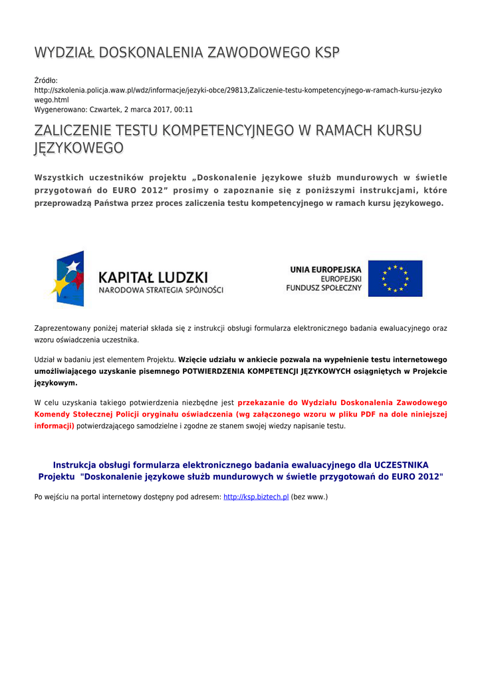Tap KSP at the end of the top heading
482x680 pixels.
[x=325, y=52]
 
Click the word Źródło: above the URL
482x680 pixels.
[x=46, y=80]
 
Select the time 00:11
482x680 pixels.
[x=183, y=109]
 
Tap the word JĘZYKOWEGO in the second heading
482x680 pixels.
[x=78, y=147]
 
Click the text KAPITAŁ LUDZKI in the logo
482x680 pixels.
[x=153, y=276]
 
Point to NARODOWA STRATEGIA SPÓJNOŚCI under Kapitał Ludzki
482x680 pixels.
[x=161, y=290]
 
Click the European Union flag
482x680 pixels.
[x=395, y=278]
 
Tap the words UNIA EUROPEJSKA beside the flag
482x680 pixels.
[x=326, y=270]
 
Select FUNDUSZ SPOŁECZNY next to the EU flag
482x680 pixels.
[x=324, y=288]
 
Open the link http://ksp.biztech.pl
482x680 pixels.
[x=256, y=497]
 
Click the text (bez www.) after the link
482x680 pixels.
[x=310, y=497]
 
